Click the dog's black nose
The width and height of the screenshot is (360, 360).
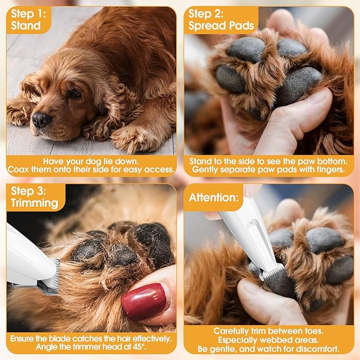[x=41, y=119]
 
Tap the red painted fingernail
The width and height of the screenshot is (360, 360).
[x=144, y=301]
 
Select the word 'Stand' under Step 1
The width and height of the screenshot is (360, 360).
[x=25, y=25]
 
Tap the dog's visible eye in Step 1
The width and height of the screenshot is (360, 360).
[x=74, y=94]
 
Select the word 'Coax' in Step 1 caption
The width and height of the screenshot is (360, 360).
[x=19, y=170]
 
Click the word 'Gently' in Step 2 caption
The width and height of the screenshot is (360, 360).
[x=207, y=170]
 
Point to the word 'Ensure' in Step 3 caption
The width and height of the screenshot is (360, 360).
[x=24, y=337]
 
